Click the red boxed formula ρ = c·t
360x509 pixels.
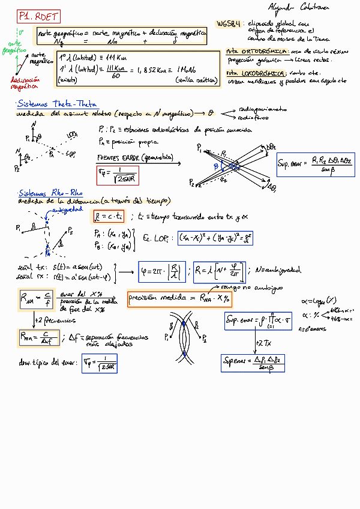click(x=108, y=217)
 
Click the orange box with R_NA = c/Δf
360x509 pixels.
click(x=38, y=339)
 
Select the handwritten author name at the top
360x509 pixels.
click(x=292, y=7)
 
